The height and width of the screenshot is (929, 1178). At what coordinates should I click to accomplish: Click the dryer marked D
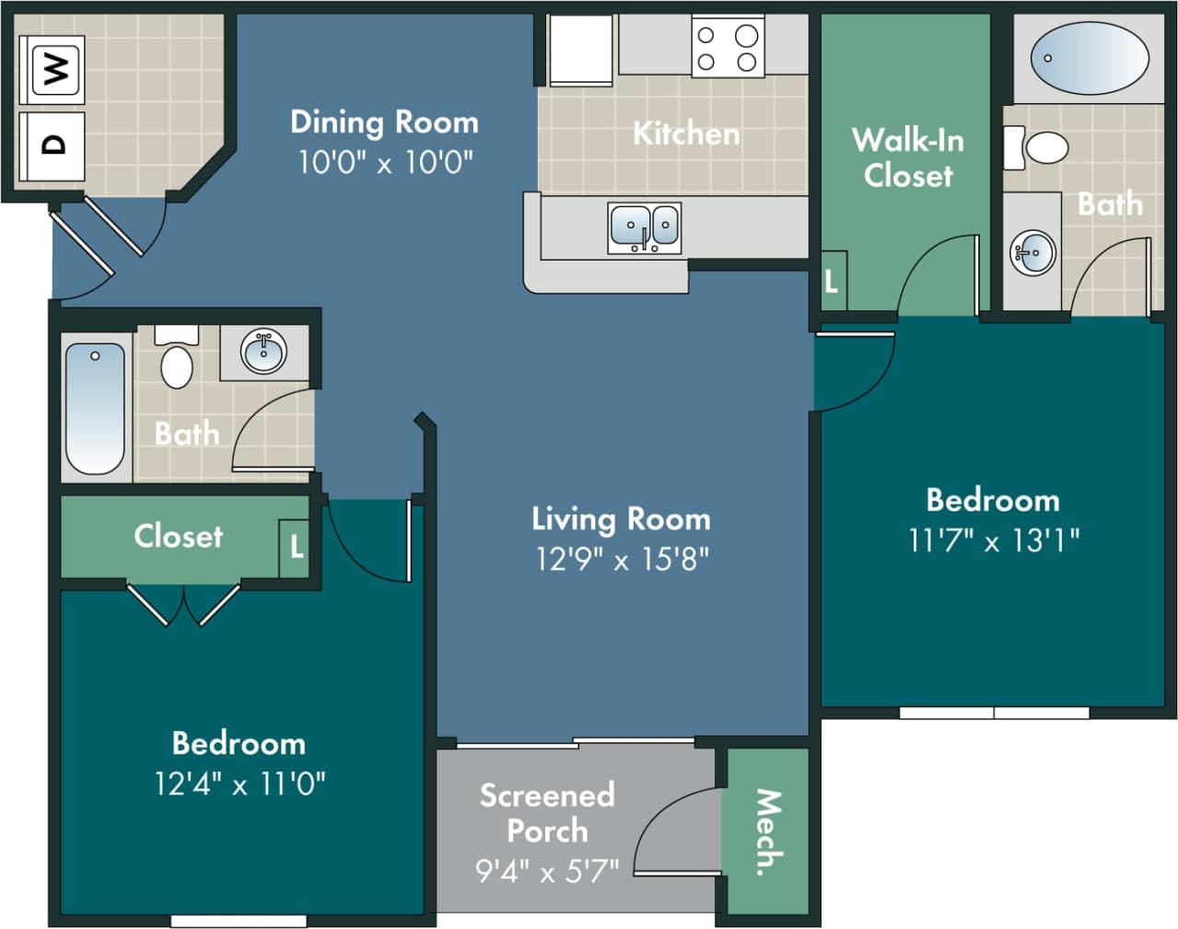54,145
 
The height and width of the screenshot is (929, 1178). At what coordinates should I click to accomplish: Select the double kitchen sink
645,226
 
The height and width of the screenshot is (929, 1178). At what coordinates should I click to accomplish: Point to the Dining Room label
384,122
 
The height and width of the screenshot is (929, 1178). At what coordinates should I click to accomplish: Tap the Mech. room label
767,831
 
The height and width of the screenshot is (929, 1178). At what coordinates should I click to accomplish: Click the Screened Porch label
547,812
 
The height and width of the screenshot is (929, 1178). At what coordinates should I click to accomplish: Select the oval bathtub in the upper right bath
1089,59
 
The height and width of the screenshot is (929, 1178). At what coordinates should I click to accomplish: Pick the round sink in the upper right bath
1032,251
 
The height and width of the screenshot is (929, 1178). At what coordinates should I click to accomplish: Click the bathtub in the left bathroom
94,408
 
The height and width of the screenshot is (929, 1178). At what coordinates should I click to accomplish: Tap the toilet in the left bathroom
177,359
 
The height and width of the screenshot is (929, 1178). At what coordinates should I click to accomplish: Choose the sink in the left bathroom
264,352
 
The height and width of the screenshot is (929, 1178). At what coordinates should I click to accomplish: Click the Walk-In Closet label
908,157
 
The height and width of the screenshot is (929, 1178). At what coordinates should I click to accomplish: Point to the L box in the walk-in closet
833,281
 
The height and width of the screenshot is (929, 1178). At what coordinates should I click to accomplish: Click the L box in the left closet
295,547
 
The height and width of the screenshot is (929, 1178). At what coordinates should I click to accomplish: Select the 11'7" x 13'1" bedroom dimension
993,540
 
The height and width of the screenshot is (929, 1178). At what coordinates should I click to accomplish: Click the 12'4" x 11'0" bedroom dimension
239,784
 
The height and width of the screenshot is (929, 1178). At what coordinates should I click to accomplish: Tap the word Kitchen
686,134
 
